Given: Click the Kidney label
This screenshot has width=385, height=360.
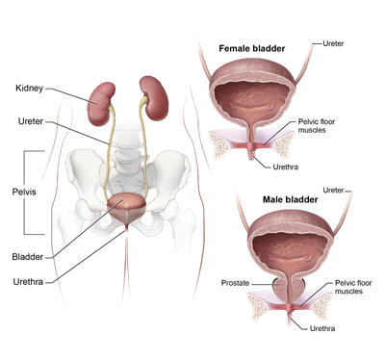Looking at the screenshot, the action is (29, 90).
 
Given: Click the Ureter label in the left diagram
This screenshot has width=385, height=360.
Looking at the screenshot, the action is (30, 121).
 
